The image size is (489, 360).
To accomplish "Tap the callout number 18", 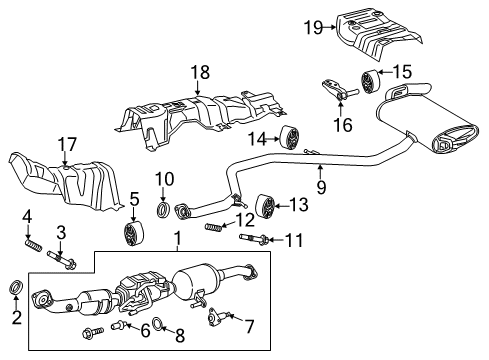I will (197, 73).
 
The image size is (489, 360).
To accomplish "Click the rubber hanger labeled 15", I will (366, 80).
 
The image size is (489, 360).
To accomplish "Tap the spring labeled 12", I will (213, 228).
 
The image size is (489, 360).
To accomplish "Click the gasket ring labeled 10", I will (162, 211).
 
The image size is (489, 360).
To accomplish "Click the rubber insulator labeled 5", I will (131, 234).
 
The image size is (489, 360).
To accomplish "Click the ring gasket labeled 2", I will (15, 289).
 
